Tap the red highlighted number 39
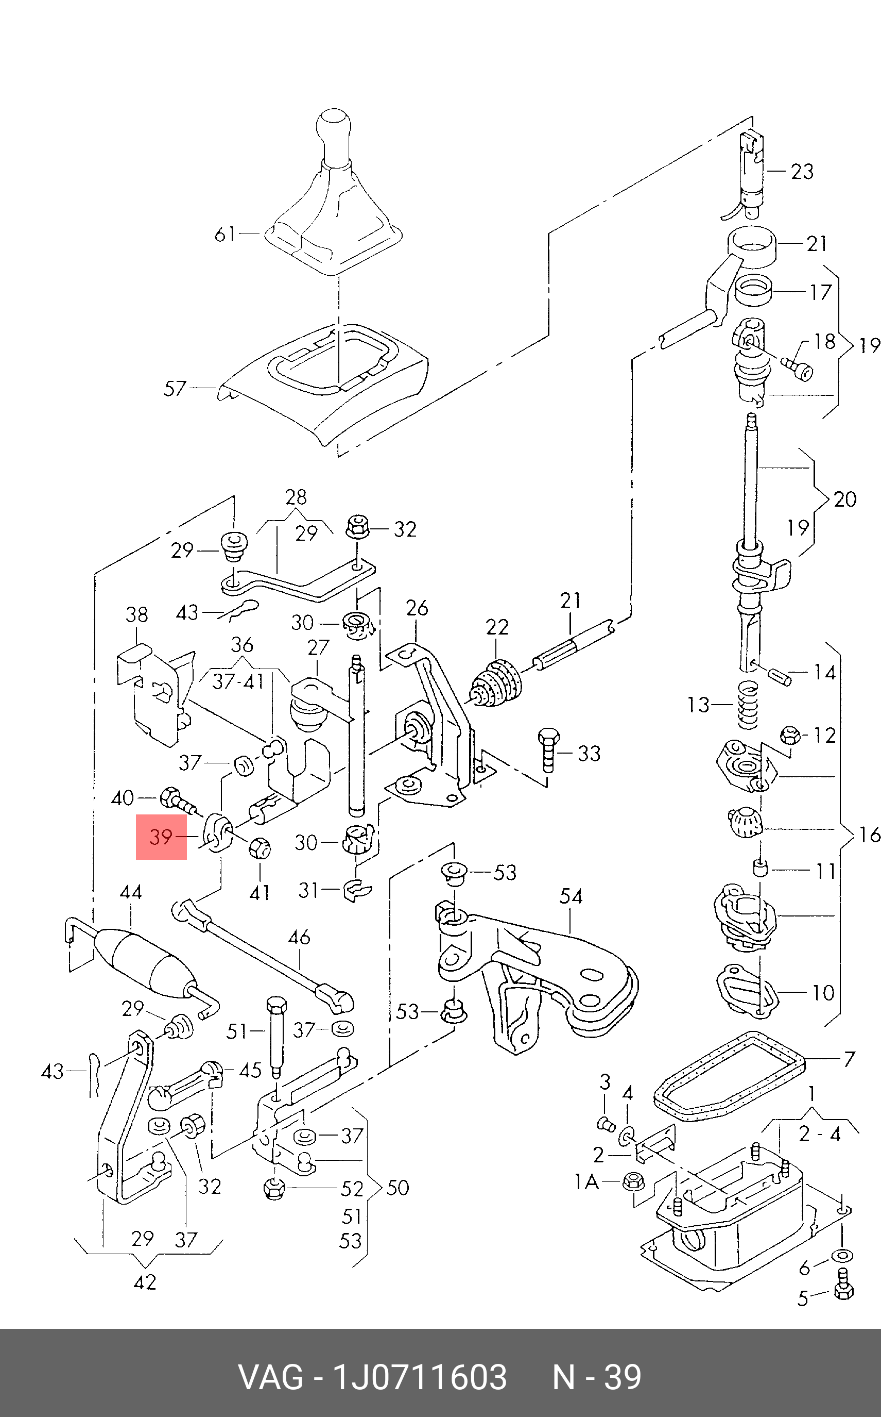point(161,837)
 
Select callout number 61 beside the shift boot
point(225,235)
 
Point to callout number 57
point(175,388)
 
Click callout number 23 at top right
point(802,172)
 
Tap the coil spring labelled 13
point(748,705)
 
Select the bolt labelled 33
point(548,749)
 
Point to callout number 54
point(571,896)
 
